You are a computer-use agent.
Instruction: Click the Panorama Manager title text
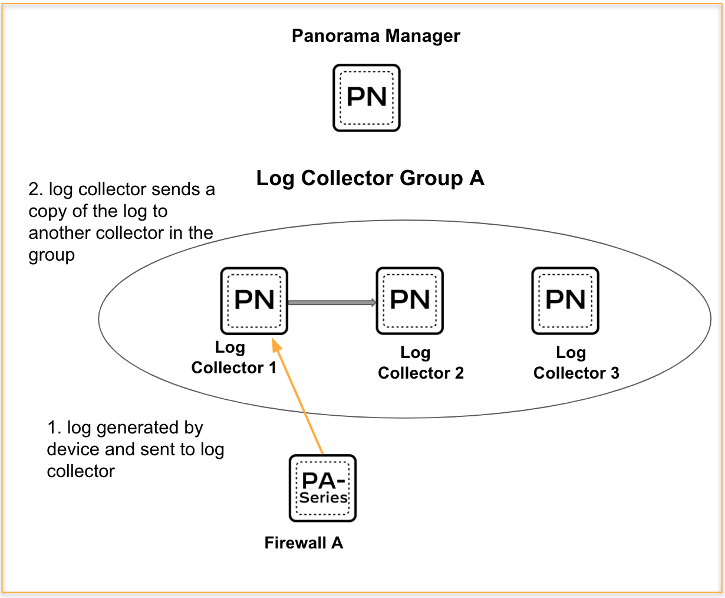(375, 36)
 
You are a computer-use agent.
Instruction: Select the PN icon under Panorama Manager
(367, 98)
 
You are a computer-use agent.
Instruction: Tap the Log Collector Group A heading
(370, 178)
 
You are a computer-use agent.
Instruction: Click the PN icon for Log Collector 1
(254, 301)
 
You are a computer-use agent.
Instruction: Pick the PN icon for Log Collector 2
(410, 301)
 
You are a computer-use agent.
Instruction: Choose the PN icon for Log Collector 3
(565, 301)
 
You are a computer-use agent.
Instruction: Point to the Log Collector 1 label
(233, 358)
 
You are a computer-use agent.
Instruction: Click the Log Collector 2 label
(420, 363)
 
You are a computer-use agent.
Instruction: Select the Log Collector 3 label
(576, 363)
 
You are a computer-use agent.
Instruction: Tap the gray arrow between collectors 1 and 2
(332, 303)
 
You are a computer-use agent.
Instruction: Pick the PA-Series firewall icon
(322, 488)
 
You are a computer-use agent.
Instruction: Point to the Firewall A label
(304, 543)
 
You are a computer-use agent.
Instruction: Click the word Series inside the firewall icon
(323, 497)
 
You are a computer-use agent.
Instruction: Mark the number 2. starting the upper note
(35, 190)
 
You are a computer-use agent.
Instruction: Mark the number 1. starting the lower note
(54, 428)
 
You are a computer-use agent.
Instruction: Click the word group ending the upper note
(52, 256)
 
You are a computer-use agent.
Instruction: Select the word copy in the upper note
(47, 212)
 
